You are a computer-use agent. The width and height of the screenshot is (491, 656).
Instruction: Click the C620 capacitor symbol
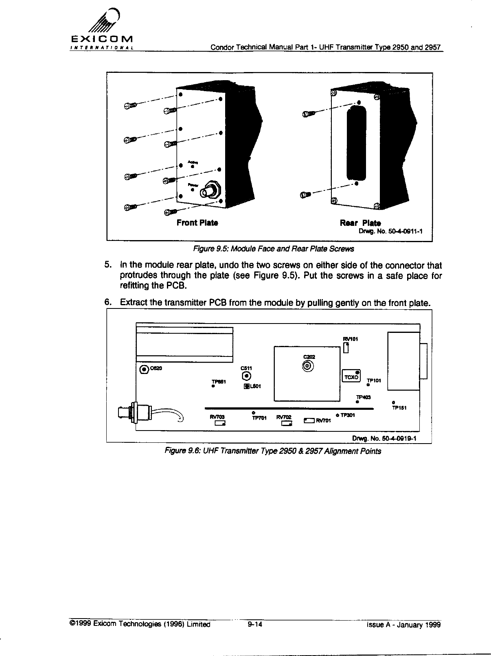click(x=144, y=369)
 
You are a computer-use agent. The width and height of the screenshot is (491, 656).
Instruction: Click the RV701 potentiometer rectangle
click(x=309, y=420)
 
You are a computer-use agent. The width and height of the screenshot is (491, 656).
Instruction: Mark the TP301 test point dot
click(x=338, y=415)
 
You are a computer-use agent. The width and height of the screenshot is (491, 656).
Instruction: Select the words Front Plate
click(x=197, y=223)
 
